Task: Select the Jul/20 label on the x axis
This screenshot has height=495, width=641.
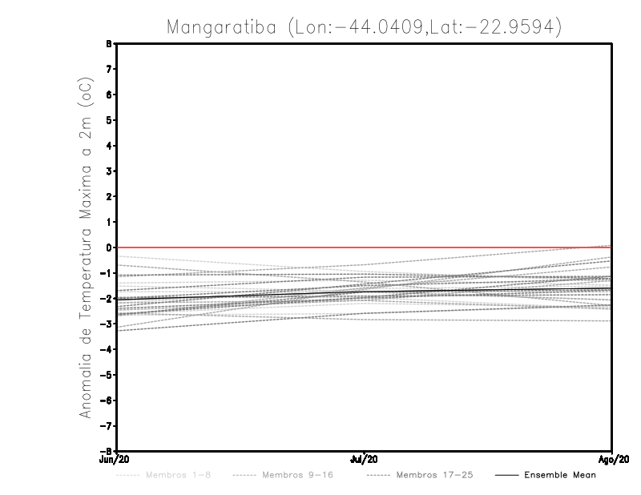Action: [365, 460]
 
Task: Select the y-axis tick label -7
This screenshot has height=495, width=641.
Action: [107, 425]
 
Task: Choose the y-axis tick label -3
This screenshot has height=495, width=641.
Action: [107, 324]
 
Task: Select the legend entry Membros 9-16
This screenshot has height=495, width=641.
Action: [297, 475]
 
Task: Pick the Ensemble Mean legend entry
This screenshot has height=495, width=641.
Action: [559, 475]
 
